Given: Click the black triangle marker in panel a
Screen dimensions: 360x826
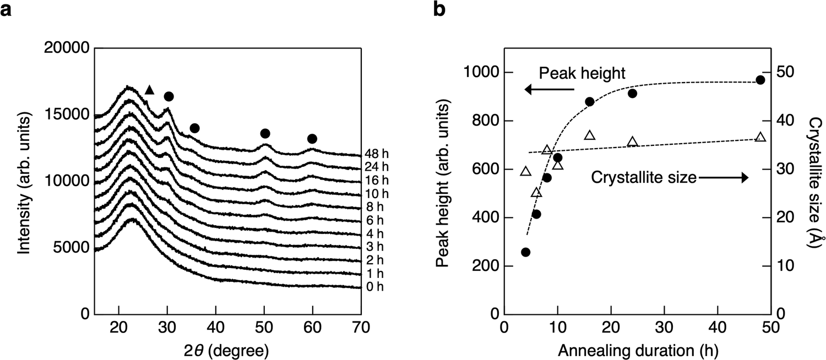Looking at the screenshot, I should tap(149, 90).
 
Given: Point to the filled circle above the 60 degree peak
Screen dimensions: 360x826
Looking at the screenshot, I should tap(312, 139).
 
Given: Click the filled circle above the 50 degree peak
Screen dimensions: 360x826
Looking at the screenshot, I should tap(265, 134).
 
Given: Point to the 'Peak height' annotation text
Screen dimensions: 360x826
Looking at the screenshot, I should tap(582, 73).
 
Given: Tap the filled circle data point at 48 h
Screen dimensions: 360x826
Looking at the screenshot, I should tap(760, 80).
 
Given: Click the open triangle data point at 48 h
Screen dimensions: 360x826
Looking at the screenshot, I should tap(760, 137).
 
